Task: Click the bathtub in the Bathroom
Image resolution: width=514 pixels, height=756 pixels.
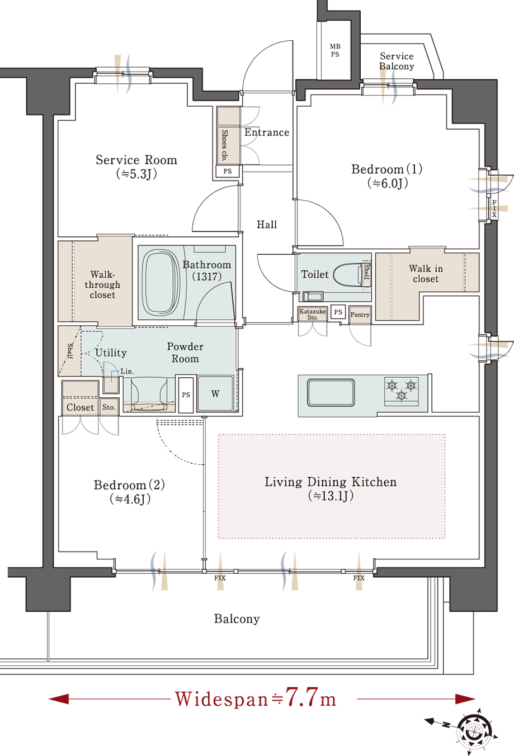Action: (x=161, y=283)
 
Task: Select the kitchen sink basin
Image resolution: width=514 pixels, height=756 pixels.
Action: (x=331, y=392)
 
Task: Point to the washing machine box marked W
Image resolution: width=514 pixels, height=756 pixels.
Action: (x=215, y=393)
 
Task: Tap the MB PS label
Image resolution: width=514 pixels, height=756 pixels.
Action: (x=335, y=50)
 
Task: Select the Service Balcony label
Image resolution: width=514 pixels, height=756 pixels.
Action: (x=397, y=61)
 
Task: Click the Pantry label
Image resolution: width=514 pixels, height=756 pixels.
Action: (x=360, y=315)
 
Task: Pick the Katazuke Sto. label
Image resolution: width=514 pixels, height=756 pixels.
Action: (x=313, y=314)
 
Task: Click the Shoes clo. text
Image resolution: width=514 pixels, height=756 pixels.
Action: (x=224, y=145)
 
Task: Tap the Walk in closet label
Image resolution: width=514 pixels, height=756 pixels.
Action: (x=426, y=274)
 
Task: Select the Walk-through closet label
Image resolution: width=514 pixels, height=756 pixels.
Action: (x=102, y=284)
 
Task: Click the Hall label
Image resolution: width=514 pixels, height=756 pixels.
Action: (x=267, y=225)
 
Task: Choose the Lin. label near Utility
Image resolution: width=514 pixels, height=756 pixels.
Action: (x=128, y=371)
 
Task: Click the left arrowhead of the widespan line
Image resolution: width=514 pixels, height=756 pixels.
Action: (x=59, y=698)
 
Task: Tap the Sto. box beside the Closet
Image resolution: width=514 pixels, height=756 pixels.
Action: (x=109, y=407)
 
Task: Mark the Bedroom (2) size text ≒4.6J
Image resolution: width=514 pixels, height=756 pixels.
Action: (x=130, y=499)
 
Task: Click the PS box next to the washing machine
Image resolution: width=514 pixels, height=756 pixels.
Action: (x=186, y=394)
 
